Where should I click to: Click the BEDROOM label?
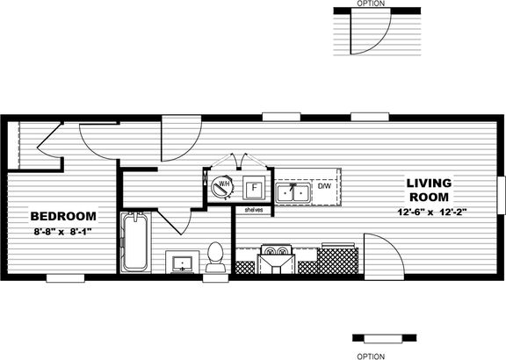(x=63, y=216)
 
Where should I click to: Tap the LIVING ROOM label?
(x=429, y=190)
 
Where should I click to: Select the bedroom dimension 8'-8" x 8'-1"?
(x=63, y=231)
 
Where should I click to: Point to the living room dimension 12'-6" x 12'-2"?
(x=432, y=212)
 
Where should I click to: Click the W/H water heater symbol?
(x=221, y=186)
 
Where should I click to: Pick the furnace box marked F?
(x=254, y=187)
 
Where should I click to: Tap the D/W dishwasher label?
(x=325, y=186)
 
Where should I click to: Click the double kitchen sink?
(x=293, y=193)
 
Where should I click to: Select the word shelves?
(x=254, y=210)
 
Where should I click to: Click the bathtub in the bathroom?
(x=135, y=242)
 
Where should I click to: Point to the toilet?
(x=215, y=257)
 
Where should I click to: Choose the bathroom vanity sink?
(x=183, y=262)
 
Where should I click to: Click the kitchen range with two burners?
(x=276, y=259)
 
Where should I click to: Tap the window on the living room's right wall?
(x=502, y=195)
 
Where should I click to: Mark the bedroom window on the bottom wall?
(x=66, y=278)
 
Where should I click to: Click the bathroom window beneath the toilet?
(x=215, y=278)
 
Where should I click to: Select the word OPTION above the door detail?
(x=371, y=4)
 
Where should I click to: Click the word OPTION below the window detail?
(x=371, y=356)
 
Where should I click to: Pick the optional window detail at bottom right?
(x=384, y=338)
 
